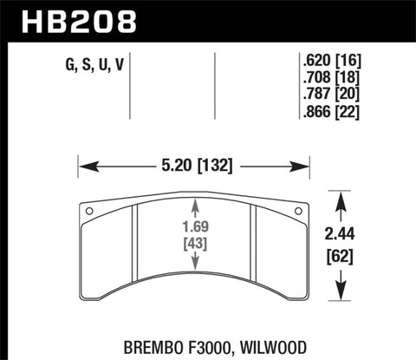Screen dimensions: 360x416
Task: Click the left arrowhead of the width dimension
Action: [85, 163]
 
